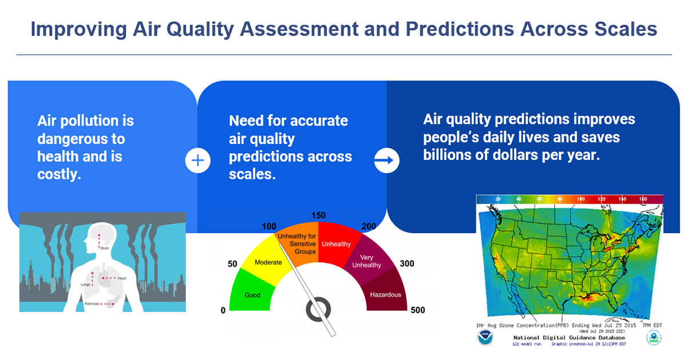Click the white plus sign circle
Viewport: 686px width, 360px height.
198,161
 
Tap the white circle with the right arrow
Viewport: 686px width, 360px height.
386,161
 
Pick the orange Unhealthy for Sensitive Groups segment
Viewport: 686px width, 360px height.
296,240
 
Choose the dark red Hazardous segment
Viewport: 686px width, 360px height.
385,294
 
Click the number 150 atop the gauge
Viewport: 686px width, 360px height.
318,215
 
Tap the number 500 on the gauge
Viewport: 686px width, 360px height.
417,310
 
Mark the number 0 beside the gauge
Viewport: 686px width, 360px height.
223,310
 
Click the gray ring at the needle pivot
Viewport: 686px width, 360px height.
318,309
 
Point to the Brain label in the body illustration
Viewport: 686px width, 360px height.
105,249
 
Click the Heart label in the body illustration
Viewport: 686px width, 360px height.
122,278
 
